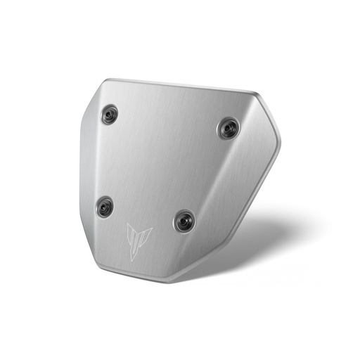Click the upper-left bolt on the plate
(110, 115)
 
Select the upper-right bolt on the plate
(228, 128)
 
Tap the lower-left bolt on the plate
(105, 206)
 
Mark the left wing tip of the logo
(127, 224)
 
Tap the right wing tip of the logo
(153, 229)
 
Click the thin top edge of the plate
(176, 85)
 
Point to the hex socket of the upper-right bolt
(228, 128)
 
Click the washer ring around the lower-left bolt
(98, 206)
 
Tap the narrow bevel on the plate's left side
(84, 176)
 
